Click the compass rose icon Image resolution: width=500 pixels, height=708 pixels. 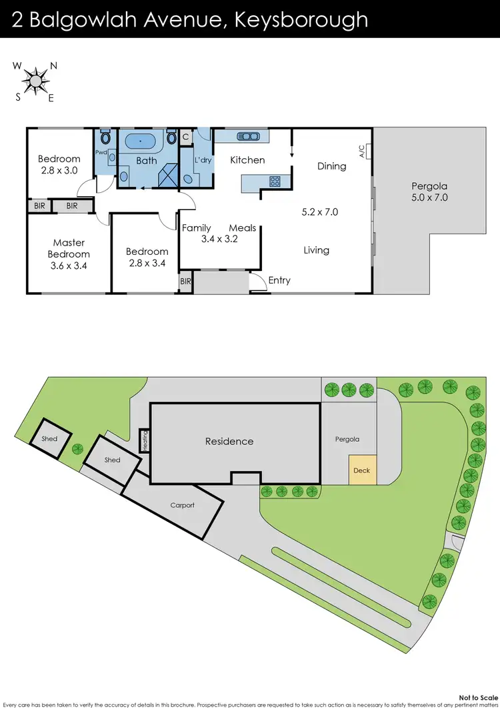tap(34, 81)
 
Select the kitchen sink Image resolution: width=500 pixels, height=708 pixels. tap(247, 136)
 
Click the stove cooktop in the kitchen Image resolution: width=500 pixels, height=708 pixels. tap(275, 181)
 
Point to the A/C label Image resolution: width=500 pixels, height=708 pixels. tap(362, 151)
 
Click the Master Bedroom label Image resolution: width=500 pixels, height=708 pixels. tap(69, 248)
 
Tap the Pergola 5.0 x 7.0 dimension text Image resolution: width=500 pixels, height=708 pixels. tap(429, 198)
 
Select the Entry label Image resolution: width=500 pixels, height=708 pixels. tap(279, 280)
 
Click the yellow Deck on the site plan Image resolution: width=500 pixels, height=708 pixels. tap(362, 470)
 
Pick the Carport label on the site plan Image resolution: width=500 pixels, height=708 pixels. tap(182, 505)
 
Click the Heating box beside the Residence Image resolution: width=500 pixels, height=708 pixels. tap(143, 440)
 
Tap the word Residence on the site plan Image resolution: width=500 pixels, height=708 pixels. tap(229, 441)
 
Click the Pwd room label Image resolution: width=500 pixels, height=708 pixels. tap(101, 152)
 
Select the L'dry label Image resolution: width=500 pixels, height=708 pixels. tap(202, 160)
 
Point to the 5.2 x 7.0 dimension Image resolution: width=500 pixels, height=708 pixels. tap(320, 212)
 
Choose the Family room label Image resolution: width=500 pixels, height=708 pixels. tap(197, 228)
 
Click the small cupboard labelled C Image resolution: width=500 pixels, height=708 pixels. tap(186, 137)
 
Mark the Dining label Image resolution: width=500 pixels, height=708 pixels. tap(331, 165)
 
